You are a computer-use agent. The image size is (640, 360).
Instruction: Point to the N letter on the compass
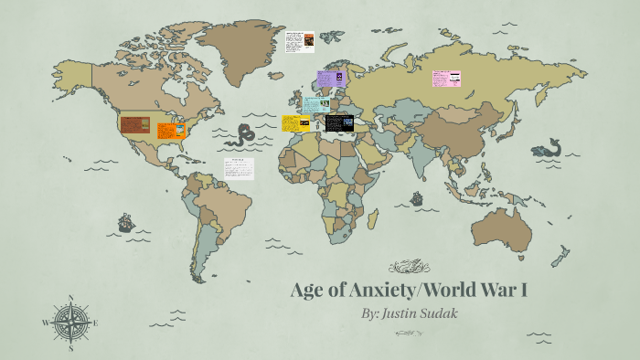point(71,298)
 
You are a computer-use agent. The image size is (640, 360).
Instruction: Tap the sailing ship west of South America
point(126,222)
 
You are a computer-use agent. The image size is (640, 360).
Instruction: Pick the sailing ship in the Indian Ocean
point(417,197)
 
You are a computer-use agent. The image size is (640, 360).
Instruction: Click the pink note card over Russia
point(446,79)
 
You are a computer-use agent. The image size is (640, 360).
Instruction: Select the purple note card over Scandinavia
point(330,80)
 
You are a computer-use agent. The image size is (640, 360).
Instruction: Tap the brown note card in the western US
point(135,124)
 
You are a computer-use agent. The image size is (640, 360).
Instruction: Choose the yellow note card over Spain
point(295,123)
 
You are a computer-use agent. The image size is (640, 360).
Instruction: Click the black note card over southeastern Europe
point(338,122)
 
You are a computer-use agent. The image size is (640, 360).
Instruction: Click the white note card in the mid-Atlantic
point(240,169)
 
